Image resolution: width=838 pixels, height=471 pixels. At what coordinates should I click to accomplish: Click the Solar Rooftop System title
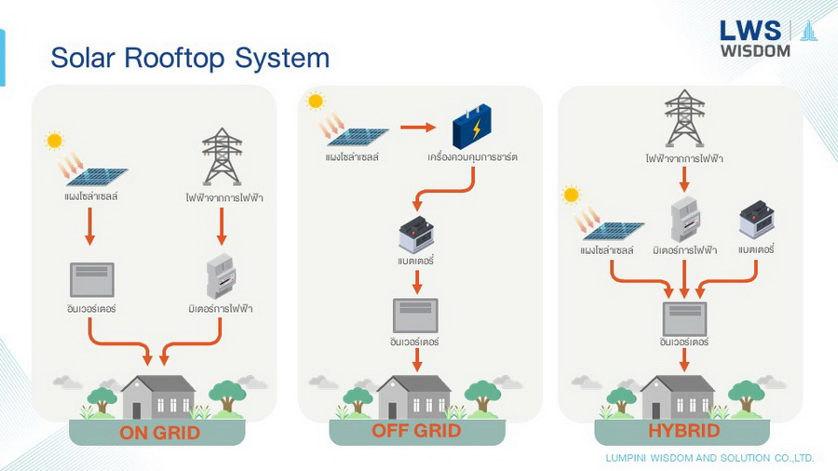click(190, 58)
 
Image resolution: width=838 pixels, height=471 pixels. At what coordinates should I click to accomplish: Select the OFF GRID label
click(417, 430)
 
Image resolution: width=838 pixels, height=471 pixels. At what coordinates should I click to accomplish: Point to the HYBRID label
click(683, 431)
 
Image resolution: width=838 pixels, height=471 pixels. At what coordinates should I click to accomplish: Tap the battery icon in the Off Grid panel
click(415, 234)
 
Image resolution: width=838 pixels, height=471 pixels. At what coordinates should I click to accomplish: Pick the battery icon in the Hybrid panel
click(756, 221)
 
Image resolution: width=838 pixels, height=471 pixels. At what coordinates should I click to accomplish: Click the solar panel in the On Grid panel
click(95, 176)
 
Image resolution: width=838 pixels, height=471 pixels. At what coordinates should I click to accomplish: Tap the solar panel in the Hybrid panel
click(613, 230)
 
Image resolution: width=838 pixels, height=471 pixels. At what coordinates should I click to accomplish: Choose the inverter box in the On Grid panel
click(91, 280)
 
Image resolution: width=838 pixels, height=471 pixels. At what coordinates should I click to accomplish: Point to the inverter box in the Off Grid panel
click(414, 315)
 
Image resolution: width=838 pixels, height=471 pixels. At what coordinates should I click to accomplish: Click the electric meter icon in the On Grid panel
click(221, 276)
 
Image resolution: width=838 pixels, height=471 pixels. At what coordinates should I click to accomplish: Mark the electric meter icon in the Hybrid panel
click(684, 220)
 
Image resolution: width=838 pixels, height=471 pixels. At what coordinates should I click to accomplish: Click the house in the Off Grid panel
click(413, 397)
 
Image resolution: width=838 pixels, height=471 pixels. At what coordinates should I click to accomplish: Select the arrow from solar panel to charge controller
click(418, 127)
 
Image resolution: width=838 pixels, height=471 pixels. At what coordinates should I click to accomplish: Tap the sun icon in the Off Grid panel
click(315, 101)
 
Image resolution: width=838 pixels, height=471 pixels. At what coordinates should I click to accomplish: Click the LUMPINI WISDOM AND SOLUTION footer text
click(710, 458)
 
